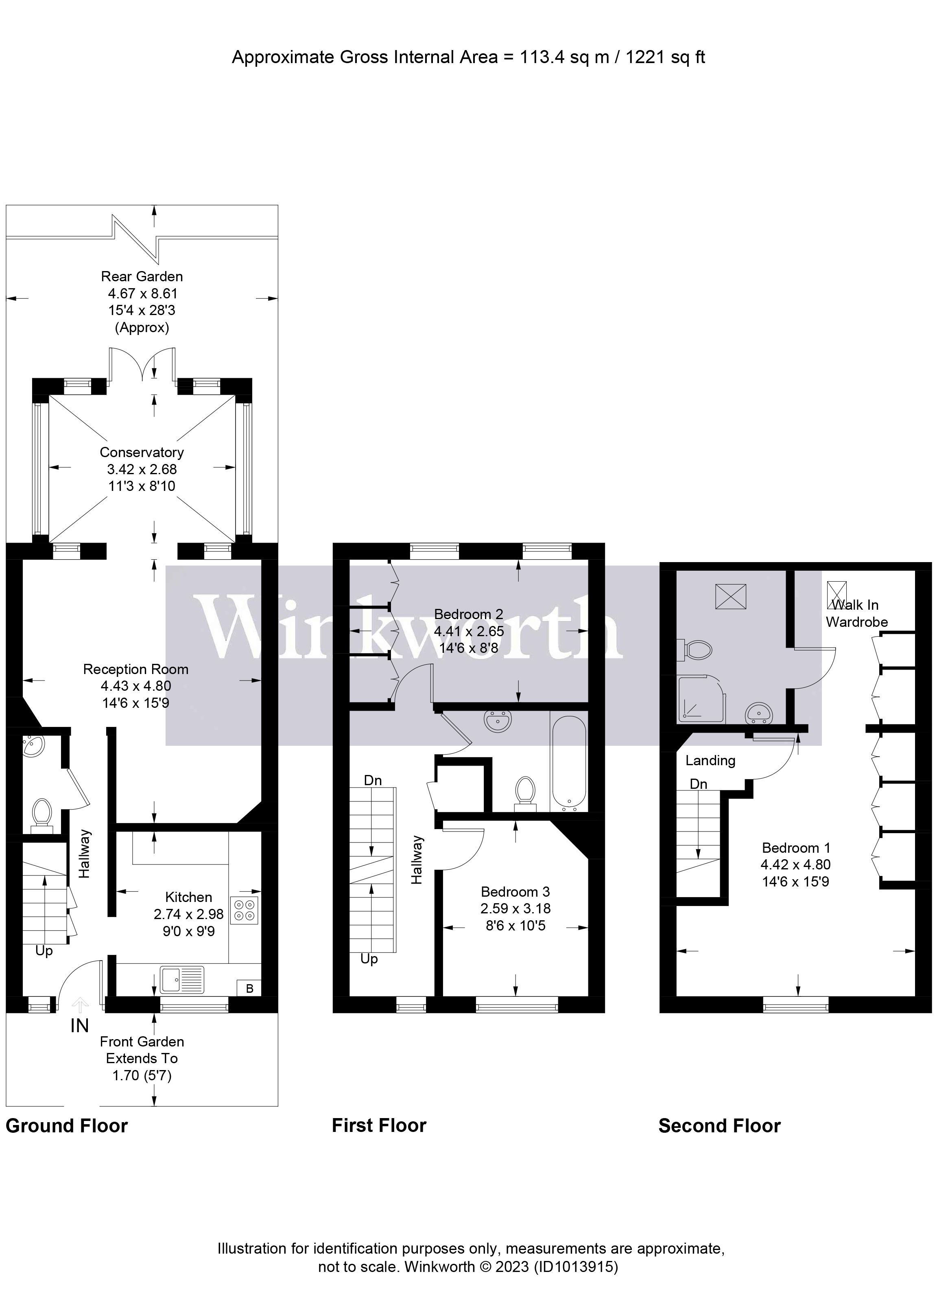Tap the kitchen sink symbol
pos(182,979)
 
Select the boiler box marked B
pos(249,988)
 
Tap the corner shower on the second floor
pos(701,699)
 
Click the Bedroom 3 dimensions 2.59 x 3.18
pos(515,908)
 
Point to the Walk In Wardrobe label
pos(856,613)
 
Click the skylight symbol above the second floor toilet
pos(730,596)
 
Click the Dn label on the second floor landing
pos(699,784)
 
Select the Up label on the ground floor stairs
pos(44,951)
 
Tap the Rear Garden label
pos(142,276)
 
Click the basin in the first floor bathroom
pos(498,721)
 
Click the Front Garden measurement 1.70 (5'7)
pos(142,1075)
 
